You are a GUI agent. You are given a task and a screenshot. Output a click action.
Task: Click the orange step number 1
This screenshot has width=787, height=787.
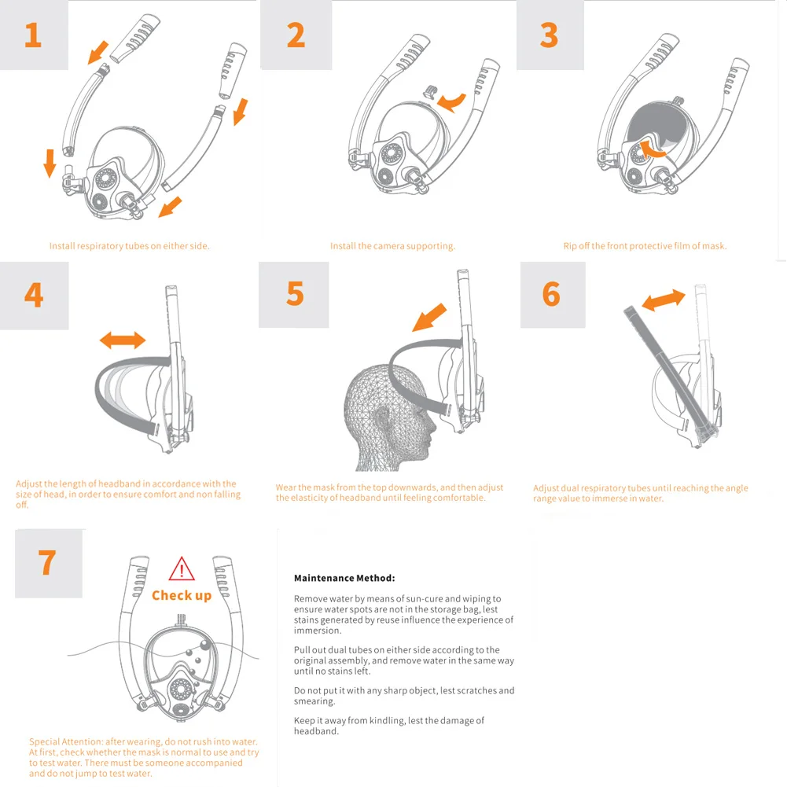[x=33, y=35]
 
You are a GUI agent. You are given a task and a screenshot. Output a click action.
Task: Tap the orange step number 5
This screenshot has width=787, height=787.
[x=295, y=293]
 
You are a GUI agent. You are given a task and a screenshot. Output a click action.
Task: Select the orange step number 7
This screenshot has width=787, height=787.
[x=47, y=562]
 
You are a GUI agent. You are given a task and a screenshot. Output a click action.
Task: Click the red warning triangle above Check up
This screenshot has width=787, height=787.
[x=182, y=568]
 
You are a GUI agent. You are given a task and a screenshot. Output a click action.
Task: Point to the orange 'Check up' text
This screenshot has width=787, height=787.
[x=182, y=595]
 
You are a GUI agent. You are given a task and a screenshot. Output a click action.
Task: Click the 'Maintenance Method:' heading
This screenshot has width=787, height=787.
[x=344, y=578]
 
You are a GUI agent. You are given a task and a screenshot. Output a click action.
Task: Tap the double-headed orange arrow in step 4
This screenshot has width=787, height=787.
[x=123, y=340]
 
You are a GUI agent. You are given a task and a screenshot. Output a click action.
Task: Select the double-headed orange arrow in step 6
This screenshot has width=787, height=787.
[x=664, y=300]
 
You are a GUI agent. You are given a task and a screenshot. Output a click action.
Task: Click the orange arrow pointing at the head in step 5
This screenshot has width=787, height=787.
[x=429, y=317]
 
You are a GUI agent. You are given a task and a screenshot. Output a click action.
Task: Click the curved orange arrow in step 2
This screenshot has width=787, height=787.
[x=452, y=102]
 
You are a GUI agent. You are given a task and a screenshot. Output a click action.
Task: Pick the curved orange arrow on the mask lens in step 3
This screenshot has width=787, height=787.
[x=652, y=149]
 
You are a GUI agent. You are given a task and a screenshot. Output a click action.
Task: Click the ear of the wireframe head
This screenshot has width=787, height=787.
[x=382, y=418]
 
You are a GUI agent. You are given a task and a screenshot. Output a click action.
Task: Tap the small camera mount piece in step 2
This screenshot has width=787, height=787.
[x=430, y=92]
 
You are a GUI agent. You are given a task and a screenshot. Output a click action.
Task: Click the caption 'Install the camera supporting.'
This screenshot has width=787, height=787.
[x=392, y=246]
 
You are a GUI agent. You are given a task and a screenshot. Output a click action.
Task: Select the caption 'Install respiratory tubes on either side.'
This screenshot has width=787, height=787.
[x=129, y=246]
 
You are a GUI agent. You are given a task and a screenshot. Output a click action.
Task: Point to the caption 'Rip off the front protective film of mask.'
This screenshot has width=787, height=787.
[x=645, y=246]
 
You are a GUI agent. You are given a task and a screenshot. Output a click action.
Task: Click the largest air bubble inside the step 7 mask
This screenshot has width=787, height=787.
[x=205, y=645]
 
